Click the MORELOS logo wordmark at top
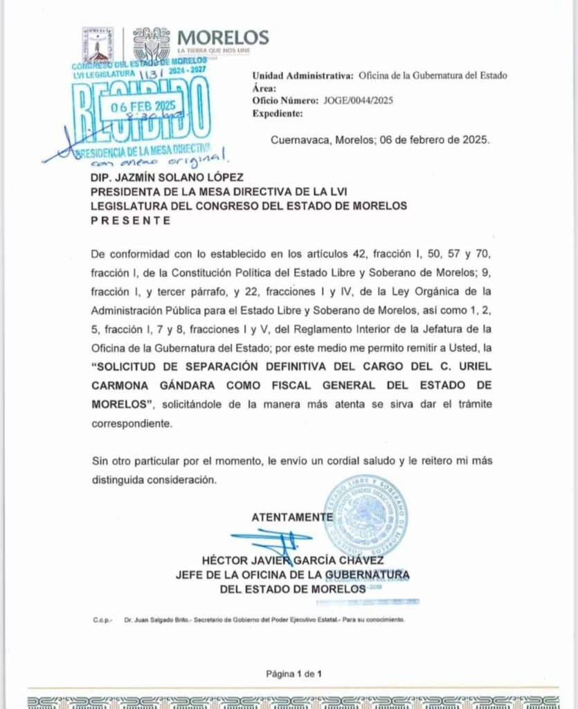[x=223, y=37]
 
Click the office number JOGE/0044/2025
[x=358, y=100]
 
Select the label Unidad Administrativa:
[x=300, y=75]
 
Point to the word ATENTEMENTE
[x=291, y=517]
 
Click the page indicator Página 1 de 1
[x=294, y=674]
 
